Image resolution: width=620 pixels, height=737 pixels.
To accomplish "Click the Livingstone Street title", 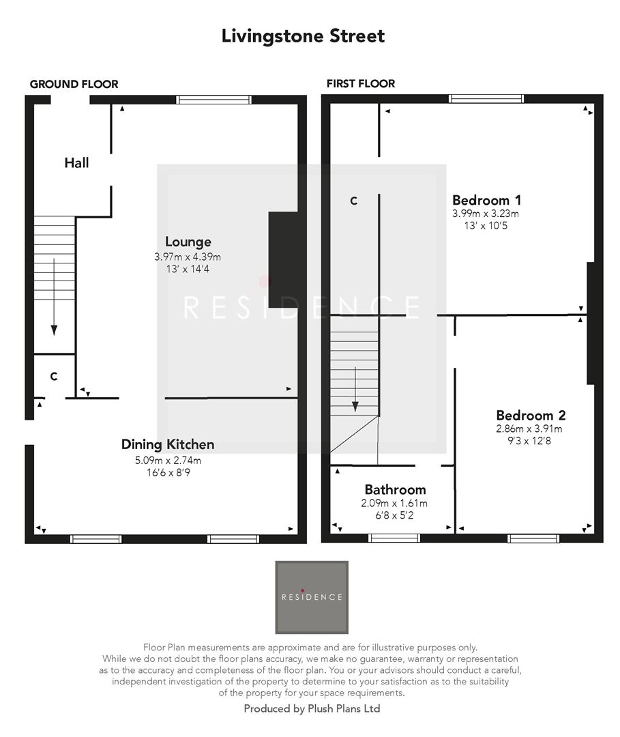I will pyautogui.click(x=303, y=36).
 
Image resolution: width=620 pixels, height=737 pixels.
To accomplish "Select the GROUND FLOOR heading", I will pyautogui.click(x=74, y=84).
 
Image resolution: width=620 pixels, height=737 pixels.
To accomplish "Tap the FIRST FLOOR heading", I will pyautogui.click(x=361, y=83).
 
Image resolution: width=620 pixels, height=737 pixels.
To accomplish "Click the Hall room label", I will pyautogui.click(x=76, y=163).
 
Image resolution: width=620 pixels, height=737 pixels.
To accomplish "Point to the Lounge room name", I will pyautogui.click(x=188, y=242).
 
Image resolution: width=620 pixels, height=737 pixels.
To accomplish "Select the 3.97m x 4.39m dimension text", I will pyautogui.click(x=188, y=257).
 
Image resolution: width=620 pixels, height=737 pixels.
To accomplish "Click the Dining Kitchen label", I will pyautogui.click(x=168, y=444).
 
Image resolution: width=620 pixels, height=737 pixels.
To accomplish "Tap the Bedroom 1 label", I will pyautogui.click(x=487, y=200).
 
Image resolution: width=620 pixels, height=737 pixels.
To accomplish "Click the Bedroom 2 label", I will pyautogui.click(x=531, y=415).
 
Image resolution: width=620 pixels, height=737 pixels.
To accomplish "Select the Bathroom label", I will pyautogui.click(x=395, y=489).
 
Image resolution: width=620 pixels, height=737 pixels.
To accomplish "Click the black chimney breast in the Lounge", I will pyautogui.click(x=282, y=259).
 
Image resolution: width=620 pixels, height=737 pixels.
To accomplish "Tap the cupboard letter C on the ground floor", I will pyautogui.click(x=53, y=376).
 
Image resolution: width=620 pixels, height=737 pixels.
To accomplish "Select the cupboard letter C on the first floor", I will pyautogui.click(x=353, y=201).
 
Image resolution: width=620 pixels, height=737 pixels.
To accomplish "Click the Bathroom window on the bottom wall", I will pyautogui.click(x=394, y=538).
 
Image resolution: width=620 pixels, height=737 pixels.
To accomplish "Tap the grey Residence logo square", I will pyautogui.click(x=312, y=596).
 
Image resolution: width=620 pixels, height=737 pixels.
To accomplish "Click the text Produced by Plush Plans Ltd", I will pyautogui.click(x=312, y=709).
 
